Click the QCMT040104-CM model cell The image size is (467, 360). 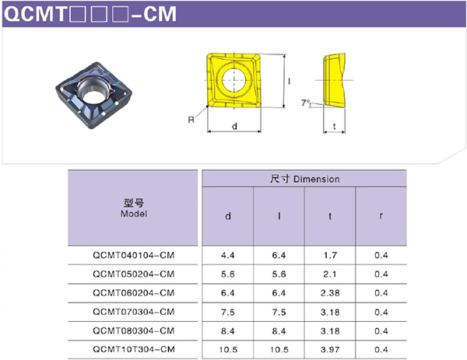[x=133, y=255]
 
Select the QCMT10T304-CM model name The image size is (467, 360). [x=133, y=349]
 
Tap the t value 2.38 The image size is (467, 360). [x=330, y=293]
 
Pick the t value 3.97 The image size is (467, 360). [x=330, y=350]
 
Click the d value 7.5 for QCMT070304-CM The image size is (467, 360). [x=228, y=312]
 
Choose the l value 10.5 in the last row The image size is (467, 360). [x=279, y=350]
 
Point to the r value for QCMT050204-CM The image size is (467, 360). [x=381, y=274]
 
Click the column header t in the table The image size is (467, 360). [x=330, y=216]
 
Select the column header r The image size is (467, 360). [x=381, y=216]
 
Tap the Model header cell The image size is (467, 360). [x=133, y=208]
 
